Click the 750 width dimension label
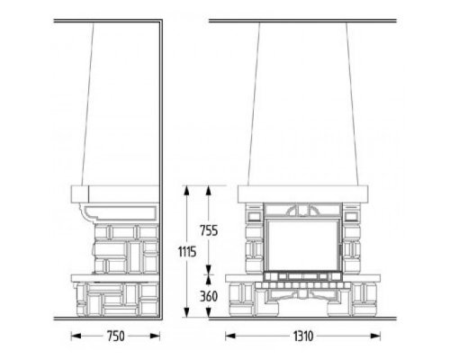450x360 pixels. click(115, 337)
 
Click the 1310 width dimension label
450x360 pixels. click(303, 337)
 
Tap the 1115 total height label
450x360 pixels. click(187, 252)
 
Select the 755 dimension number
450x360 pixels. click(209, 230)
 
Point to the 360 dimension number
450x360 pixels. click(209, 296)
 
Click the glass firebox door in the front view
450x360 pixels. click(302, 245)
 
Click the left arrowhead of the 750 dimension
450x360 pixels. click(76, 337)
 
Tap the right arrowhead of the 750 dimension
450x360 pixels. click(155, 337)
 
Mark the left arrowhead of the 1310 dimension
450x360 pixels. click(230, 337)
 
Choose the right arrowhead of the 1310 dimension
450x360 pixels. click(375, 337)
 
